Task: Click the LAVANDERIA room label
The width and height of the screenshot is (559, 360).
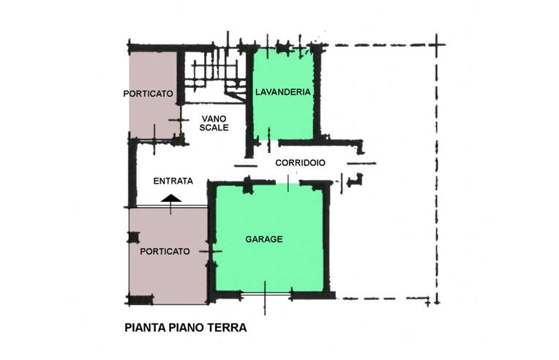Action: (283, 92)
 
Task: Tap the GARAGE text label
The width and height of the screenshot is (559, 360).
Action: (263, 239)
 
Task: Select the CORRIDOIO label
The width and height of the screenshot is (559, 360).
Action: (300, 163)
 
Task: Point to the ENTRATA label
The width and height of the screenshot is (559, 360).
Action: (173, 181)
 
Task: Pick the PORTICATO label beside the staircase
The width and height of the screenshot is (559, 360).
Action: (148, 94)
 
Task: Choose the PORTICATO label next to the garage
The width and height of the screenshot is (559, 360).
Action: (165, 251)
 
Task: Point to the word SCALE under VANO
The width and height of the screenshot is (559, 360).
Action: (214, 127)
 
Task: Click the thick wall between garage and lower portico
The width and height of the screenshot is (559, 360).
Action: (211, 241)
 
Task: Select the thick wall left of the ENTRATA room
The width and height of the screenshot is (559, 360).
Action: (132, 173)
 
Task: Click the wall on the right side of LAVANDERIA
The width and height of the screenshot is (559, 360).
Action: (317, 91)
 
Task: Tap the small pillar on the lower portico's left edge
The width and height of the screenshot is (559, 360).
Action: (133, 237)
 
